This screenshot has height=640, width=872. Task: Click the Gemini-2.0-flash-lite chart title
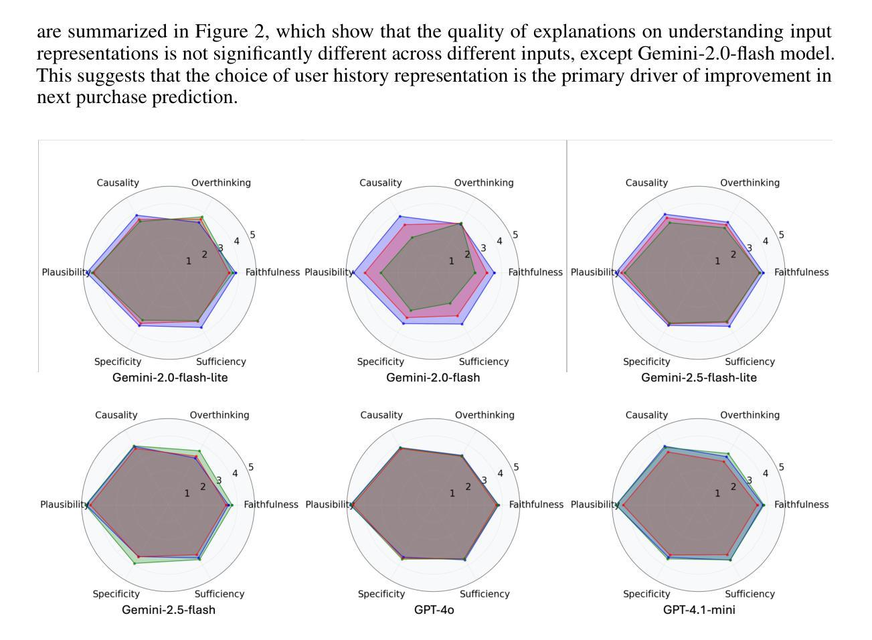pyautogui.click(x=170, y=378)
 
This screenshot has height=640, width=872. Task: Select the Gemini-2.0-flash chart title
pyautogui.click(x=433, y=378)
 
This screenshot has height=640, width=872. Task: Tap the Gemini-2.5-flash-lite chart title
pyautogui.click(x=699, y=378)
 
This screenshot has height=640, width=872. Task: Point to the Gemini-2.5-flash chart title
pyautogui.click(x=169, y=610)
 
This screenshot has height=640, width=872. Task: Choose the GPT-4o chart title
pyautogui.click(x=434, y=610)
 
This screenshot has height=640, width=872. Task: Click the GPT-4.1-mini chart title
pyautogui.click(x=699, y=610)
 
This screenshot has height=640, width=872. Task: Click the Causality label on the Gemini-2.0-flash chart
pyautogui.click(x=380, y=183)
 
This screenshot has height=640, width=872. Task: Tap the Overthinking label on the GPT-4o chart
pyautogui.click(x=485, y=415)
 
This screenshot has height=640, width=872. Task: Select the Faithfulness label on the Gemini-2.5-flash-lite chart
pyautogui.click(x=801, y=272)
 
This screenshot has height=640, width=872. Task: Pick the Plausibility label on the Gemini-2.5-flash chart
pyautogui.click(x=64, y=505)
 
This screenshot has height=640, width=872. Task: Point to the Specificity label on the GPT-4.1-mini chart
pyautogui.click(x=646, y=594)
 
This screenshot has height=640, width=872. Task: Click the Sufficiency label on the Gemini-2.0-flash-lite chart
pyautogui.click(x=221, y=362)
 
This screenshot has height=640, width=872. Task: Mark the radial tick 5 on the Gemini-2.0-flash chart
pyautogui.click(x=515, y=235)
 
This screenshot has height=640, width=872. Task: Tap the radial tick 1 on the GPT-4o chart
pyautogui.click(x=452, y=493)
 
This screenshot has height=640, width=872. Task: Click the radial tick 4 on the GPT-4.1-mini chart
pyautogui.click(x=766, y=473)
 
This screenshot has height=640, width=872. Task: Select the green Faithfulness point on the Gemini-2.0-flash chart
pyautogui.click(x=475, y=272)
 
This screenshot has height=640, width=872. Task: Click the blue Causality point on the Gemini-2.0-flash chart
pyautogui.click(x=400, y=216)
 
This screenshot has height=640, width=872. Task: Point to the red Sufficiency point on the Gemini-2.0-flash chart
pyautogui.click(x=458, y=315)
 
